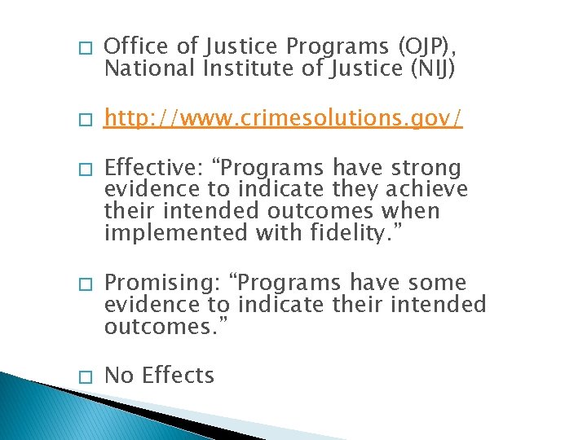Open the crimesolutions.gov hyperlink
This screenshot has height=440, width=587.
pyautogui.click(x=284, y=120)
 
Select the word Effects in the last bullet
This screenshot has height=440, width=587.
pyautogui.click(x=178, y=376)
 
